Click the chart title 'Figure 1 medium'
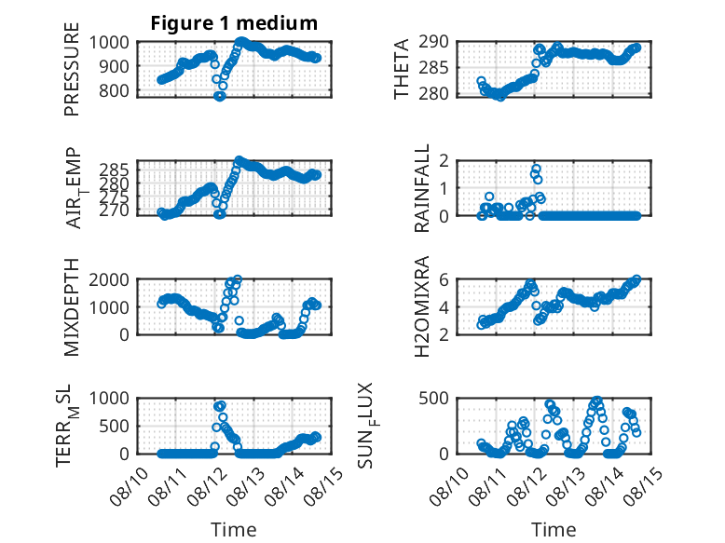point(234,23)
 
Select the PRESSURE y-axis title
point(72,69)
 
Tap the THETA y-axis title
point(402,69)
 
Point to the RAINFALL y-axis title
point(422,188)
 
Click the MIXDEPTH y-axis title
point(72,307)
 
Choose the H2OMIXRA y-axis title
point(422,306)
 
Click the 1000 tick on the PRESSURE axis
point(109,43)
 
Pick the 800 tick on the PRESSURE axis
point(115,90)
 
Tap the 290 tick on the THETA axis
point(433,42)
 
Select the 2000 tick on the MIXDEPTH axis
point(109,279)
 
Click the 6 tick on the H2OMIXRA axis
point(444,279)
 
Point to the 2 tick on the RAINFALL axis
point(444,161)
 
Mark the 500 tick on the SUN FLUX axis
point(433,398)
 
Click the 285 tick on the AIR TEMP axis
point(115,170)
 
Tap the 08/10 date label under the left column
point(130,486)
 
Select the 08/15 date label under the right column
point(643,486)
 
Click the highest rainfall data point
point(536,170)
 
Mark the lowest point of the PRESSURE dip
point(219,96)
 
